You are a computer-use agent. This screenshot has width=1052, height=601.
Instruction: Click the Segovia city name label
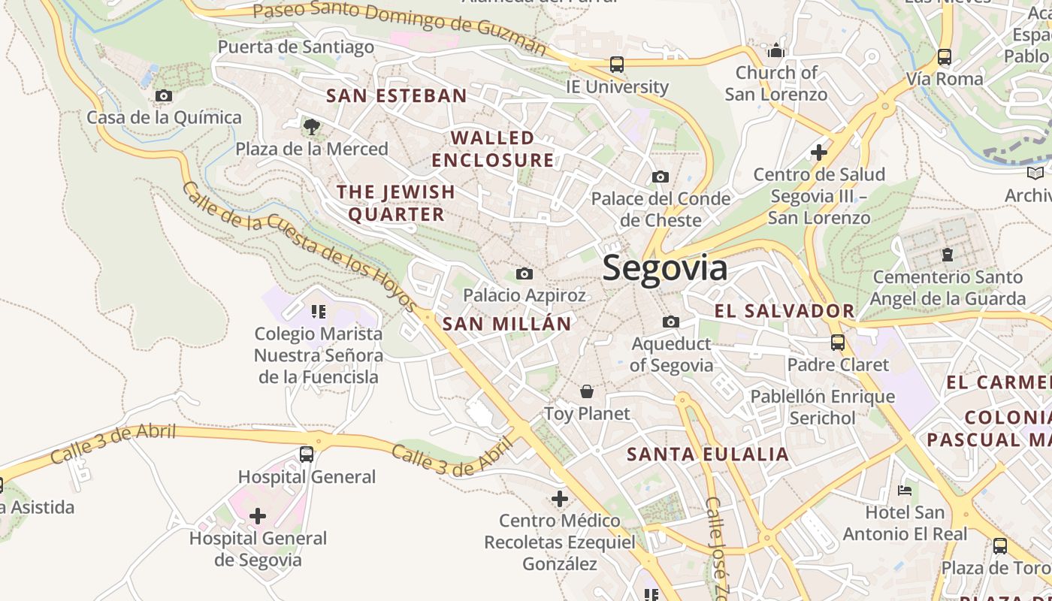pos(664,268)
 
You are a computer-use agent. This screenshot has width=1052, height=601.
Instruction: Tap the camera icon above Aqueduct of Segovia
pos(671,322)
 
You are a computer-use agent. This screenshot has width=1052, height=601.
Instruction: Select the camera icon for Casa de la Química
pos(163,96)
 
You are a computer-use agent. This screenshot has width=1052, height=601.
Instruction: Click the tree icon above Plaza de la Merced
pos(312,126)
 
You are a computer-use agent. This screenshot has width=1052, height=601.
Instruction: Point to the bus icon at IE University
pos(617,65)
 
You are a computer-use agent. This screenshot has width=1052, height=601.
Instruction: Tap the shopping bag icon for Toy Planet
pos(587,391)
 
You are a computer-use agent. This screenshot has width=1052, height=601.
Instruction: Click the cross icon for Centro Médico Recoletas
pos(560,498)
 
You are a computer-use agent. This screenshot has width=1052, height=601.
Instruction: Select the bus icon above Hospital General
pos(307,455)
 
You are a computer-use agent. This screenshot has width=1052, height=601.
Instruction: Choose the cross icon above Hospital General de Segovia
pos(258,516)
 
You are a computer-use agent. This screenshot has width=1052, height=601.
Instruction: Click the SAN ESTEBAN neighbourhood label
pos(397,96)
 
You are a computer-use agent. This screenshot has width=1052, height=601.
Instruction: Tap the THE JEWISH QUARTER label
pos(396,203)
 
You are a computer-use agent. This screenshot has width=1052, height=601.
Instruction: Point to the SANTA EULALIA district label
pos(708,455)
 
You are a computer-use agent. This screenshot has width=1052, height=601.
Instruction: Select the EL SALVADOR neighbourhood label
pos(784,311)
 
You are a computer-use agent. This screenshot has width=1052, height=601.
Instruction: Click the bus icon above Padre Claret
pos(838,343)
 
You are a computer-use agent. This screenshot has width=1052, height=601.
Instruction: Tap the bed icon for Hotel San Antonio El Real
pos(905,491)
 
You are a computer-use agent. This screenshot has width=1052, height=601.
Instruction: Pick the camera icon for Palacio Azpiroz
pos(524,273)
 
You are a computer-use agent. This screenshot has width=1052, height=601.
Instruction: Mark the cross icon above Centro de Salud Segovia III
pos(819,153)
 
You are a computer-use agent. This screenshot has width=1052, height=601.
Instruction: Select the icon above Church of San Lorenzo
pos(776,51)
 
